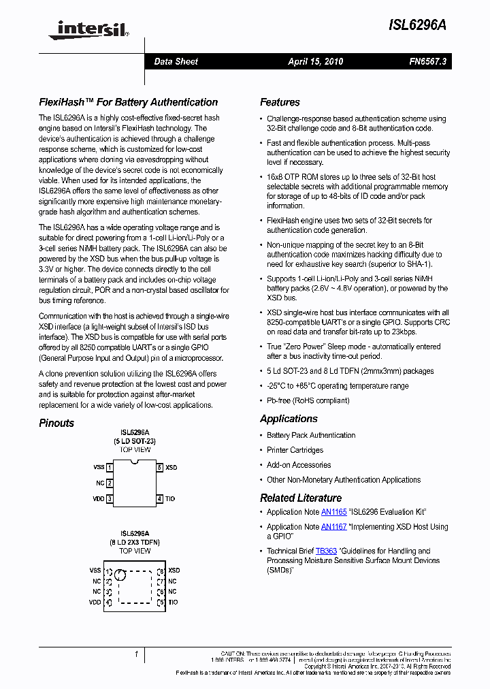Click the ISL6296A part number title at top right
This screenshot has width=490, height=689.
[x=417, y=25]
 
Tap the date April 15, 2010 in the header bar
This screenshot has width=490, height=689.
[x=315, y=61]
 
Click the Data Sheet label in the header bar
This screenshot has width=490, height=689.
[x=176, y=61]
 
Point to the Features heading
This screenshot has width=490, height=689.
[x=280, y=102]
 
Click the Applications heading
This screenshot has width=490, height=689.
[x=289, y=419]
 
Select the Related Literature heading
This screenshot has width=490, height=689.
[x=301, y=498]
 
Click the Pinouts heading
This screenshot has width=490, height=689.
[x=56, y=423]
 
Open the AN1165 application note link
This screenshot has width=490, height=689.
[x=334, y=512]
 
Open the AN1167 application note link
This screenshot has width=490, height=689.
[x=334, y=527]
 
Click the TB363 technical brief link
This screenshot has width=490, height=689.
[x=326, y=551]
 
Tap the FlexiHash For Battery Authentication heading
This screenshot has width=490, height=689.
[x=128, y=102]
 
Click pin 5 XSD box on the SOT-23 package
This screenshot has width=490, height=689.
[x=160, y=468]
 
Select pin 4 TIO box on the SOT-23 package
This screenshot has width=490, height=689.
[x=160, y=499]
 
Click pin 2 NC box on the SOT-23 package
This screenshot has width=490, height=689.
[x=110, y=483]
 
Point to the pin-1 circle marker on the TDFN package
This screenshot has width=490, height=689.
[x=120, y=575]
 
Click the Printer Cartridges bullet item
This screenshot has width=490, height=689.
[x=295, y=450]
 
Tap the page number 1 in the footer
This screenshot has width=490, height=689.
[x=136, y=654]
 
